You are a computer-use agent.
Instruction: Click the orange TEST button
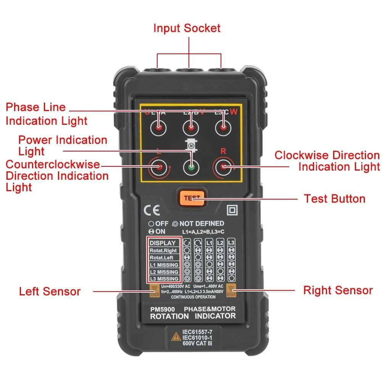point(191,198)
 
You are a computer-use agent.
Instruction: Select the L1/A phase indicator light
point(158,128)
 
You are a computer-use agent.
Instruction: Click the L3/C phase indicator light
point(223,128)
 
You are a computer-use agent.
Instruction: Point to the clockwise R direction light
point(223,167)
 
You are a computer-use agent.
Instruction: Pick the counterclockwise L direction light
point(158,167)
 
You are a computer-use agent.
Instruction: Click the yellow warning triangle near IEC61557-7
point(176,337)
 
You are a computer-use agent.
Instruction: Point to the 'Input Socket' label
point(187,28)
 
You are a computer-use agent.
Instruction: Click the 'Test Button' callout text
point(334,199)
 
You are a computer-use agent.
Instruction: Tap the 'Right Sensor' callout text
point(338,290)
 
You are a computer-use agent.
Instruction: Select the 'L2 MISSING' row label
point(163,272)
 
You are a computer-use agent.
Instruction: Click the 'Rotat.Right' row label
point(163,251)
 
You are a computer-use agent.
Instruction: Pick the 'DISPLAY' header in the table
point(163,243)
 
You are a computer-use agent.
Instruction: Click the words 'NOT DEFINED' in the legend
point(201,224)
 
